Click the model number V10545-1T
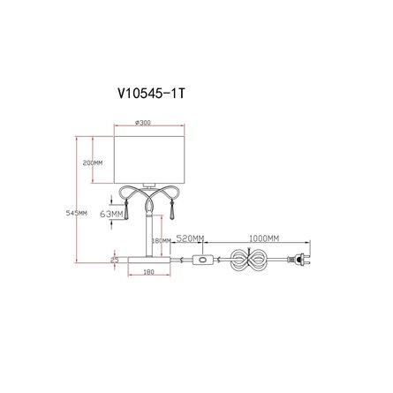click(x=151, y=94)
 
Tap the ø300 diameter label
click(x=143, y=123)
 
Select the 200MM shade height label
click(x=93, y=162)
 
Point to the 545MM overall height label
click(x=76, y=213)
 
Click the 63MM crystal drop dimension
click(x=111, y=214)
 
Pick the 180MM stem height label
click(x=162, y=240)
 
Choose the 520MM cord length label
click(x=190, y=238)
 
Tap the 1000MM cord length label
click(x=264, y=238)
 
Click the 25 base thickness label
click(x=114, y=260)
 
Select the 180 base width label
click(x=149, y=272)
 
